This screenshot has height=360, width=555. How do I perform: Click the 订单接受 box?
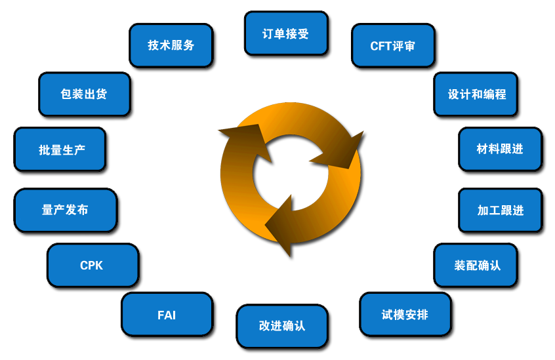pyautogui.click(x=285, y=33)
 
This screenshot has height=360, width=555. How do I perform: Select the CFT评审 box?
pyautogui.click(x=392, y=46)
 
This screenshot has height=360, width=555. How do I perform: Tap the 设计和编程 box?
pyautogui.click(x=477, y=94)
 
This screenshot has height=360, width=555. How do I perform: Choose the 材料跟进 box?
pyautogui.click(x=499, y=149)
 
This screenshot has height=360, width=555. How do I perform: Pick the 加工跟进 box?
pyautogui.click(x=499, y=210)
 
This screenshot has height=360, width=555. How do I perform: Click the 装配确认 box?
pyautogui.click(x=476, y=265)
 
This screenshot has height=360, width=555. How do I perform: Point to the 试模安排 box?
pyautogui.click(x=404, y=315)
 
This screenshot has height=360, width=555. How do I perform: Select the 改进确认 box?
pyautogui.click(x=281, y=325)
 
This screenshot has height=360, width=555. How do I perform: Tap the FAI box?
pyautogui.click(x=167, y=315)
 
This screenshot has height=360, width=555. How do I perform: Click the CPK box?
pyautogui.click(x=92, y=266)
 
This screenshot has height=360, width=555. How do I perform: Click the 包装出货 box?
pyautogui.click(x=83, y=94)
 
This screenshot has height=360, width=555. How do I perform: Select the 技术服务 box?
pyautogui.click(x=171, y=45)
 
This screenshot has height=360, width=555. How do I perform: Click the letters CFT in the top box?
pyautogui.click(x=380, y=46)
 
